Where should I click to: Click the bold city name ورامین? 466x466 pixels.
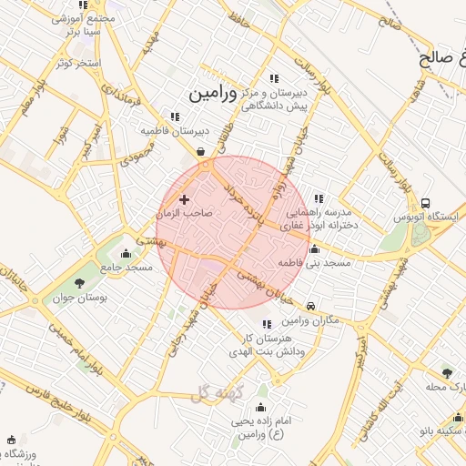[x=212, y=94]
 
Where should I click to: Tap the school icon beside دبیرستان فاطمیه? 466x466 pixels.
[x=174, y=116]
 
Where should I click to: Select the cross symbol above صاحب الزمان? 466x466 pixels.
[x=185, y=198]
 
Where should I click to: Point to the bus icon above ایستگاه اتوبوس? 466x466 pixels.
[x=426, y=204]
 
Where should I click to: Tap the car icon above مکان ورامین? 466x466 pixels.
[x=312, y=307]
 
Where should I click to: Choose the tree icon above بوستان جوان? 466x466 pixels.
[x=80, y=282]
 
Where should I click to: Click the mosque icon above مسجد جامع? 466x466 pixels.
[x=126, y=253]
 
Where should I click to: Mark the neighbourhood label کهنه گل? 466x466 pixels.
[x=215, y=391]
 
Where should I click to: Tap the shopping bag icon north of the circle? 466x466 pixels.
[x=200, y=151]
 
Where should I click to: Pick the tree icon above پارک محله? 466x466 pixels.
[x=446, y=372]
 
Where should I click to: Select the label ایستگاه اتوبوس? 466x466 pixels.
[x=429, y=218]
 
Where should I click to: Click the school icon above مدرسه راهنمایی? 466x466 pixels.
[x=318, y=198]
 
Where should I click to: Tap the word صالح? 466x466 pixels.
[x=436, y=60]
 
